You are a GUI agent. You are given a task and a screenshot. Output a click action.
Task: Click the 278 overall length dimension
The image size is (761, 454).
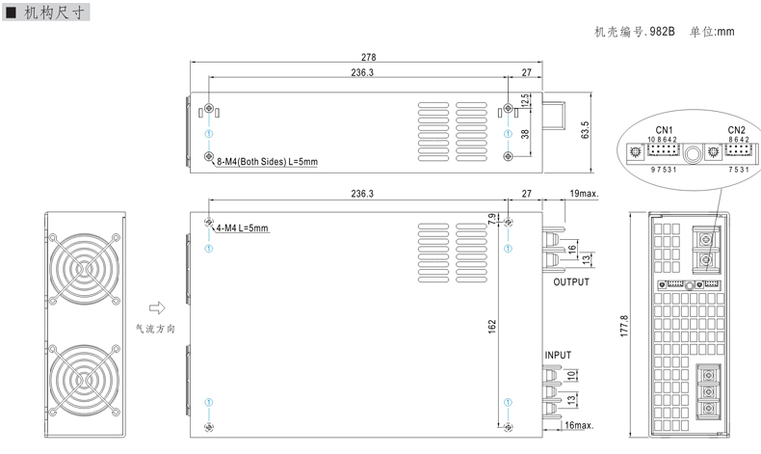(368, 57)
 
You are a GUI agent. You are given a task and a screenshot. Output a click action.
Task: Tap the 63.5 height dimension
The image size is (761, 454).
(585, 129)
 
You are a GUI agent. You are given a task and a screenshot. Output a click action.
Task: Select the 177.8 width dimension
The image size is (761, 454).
(624, 326)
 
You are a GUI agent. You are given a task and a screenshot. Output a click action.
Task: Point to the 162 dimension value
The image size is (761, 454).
(492, 327)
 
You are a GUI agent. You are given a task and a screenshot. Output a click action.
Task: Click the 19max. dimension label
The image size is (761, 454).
(584, 193)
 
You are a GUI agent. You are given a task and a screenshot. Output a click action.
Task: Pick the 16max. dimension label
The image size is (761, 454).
(579, 425)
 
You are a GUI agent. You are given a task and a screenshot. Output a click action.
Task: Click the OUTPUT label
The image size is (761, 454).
(571, 282)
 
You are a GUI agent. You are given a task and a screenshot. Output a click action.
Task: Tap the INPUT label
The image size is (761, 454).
(558, 356)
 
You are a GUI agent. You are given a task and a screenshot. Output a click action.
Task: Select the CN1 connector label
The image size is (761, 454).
(664, 130)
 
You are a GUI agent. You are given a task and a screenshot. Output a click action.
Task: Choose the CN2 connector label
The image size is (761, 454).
(736, 130)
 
